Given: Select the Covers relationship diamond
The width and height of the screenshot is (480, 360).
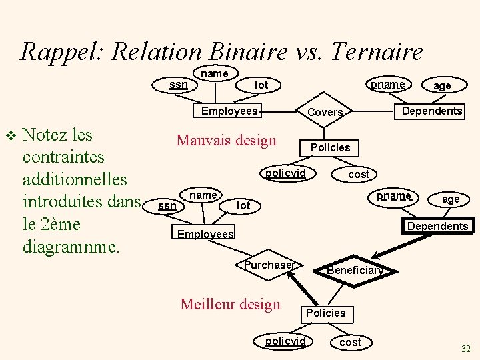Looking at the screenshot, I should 325,113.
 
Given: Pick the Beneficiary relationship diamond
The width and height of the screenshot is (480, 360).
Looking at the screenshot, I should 355,270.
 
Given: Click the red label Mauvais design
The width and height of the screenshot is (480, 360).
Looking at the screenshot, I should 226,141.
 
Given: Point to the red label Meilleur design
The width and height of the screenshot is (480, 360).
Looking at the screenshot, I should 231,305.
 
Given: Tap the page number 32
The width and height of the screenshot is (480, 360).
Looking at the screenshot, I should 465,349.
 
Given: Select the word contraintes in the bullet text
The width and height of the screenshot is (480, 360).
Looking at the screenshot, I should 63,157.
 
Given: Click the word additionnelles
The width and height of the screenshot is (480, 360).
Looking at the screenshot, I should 75,179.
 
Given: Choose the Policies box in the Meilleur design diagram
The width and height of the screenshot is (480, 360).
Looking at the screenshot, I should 325,313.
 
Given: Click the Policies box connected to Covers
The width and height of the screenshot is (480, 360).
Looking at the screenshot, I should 330,147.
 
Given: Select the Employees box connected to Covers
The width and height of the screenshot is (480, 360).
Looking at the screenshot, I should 229,111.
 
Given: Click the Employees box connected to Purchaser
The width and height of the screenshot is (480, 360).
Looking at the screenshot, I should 205,234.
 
